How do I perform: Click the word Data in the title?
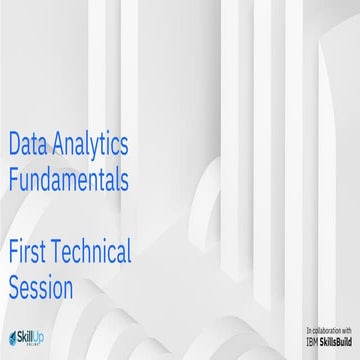click(x=29, y=146)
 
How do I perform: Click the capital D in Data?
click(x=14, y=146)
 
